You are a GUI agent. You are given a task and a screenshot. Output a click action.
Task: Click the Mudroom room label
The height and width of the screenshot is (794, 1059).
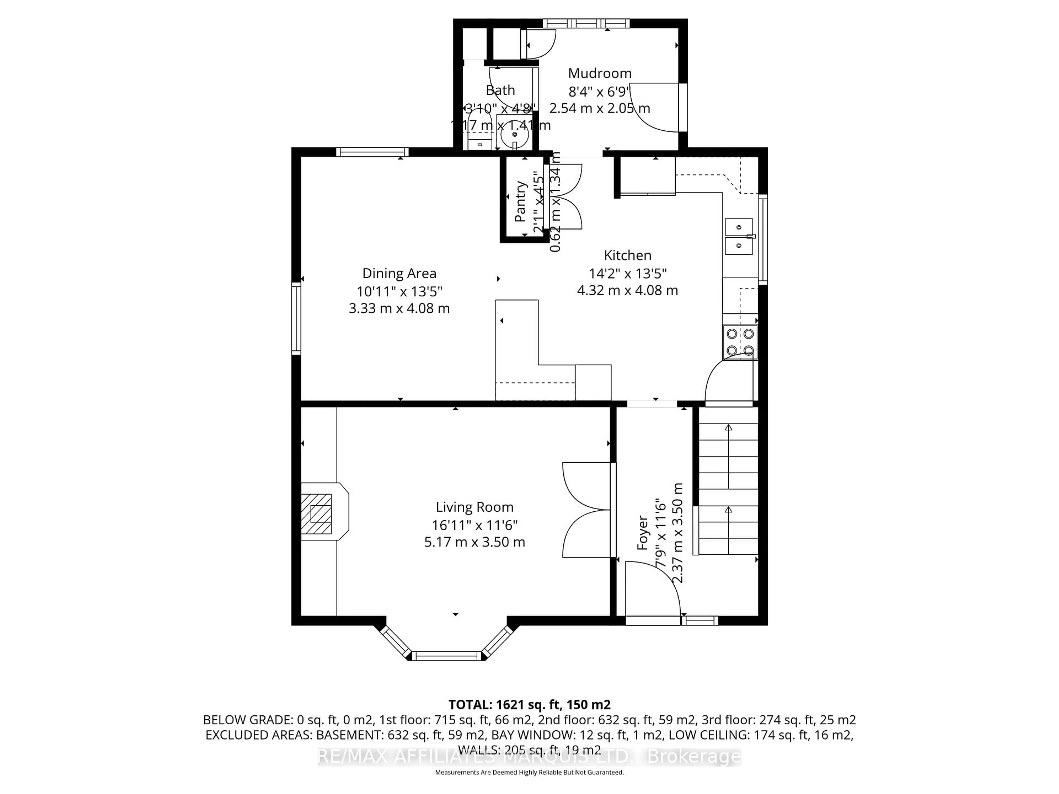pyautogui.click(x=599, y=73)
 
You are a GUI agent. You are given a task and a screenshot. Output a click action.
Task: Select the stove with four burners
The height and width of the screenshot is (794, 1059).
pyautogui.click(x=740, y=342)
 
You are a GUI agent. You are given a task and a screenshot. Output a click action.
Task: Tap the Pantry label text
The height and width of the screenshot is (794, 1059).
pyautogui.click(x=520, y=202)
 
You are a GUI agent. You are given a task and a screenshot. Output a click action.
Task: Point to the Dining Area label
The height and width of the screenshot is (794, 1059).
pyautogui.click(x=399, y=273)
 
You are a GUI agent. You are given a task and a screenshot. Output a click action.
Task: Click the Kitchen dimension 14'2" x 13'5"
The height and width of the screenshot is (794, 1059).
pyautogui.click(x=627, y=273)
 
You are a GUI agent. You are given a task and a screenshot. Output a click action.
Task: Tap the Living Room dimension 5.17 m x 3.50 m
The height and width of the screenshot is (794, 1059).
pyautogui.click(x=474, y=542)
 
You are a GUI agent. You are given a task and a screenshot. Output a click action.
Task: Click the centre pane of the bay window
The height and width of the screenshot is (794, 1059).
pyautogui.click(x=446, y=656)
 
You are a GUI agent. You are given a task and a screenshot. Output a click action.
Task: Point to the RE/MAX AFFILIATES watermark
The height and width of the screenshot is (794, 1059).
pyautogui.click(x=529, y=757)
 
